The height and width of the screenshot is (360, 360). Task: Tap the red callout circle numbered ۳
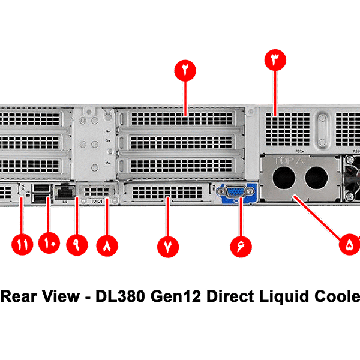275,61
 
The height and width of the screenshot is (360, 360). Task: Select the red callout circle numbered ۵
350,244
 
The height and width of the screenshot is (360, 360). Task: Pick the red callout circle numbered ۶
241,245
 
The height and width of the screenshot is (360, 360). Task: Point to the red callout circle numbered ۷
168,245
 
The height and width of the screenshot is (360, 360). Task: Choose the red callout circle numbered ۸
108,245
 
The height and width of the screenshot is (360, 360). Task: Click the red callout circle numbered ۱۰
49,245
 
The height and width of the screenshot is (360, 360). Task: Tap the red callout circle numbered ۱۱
22,245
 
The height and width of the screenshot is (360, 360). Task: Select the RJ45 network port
64,192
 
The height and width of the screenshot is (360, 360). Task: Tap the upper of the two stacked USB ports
40,188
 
